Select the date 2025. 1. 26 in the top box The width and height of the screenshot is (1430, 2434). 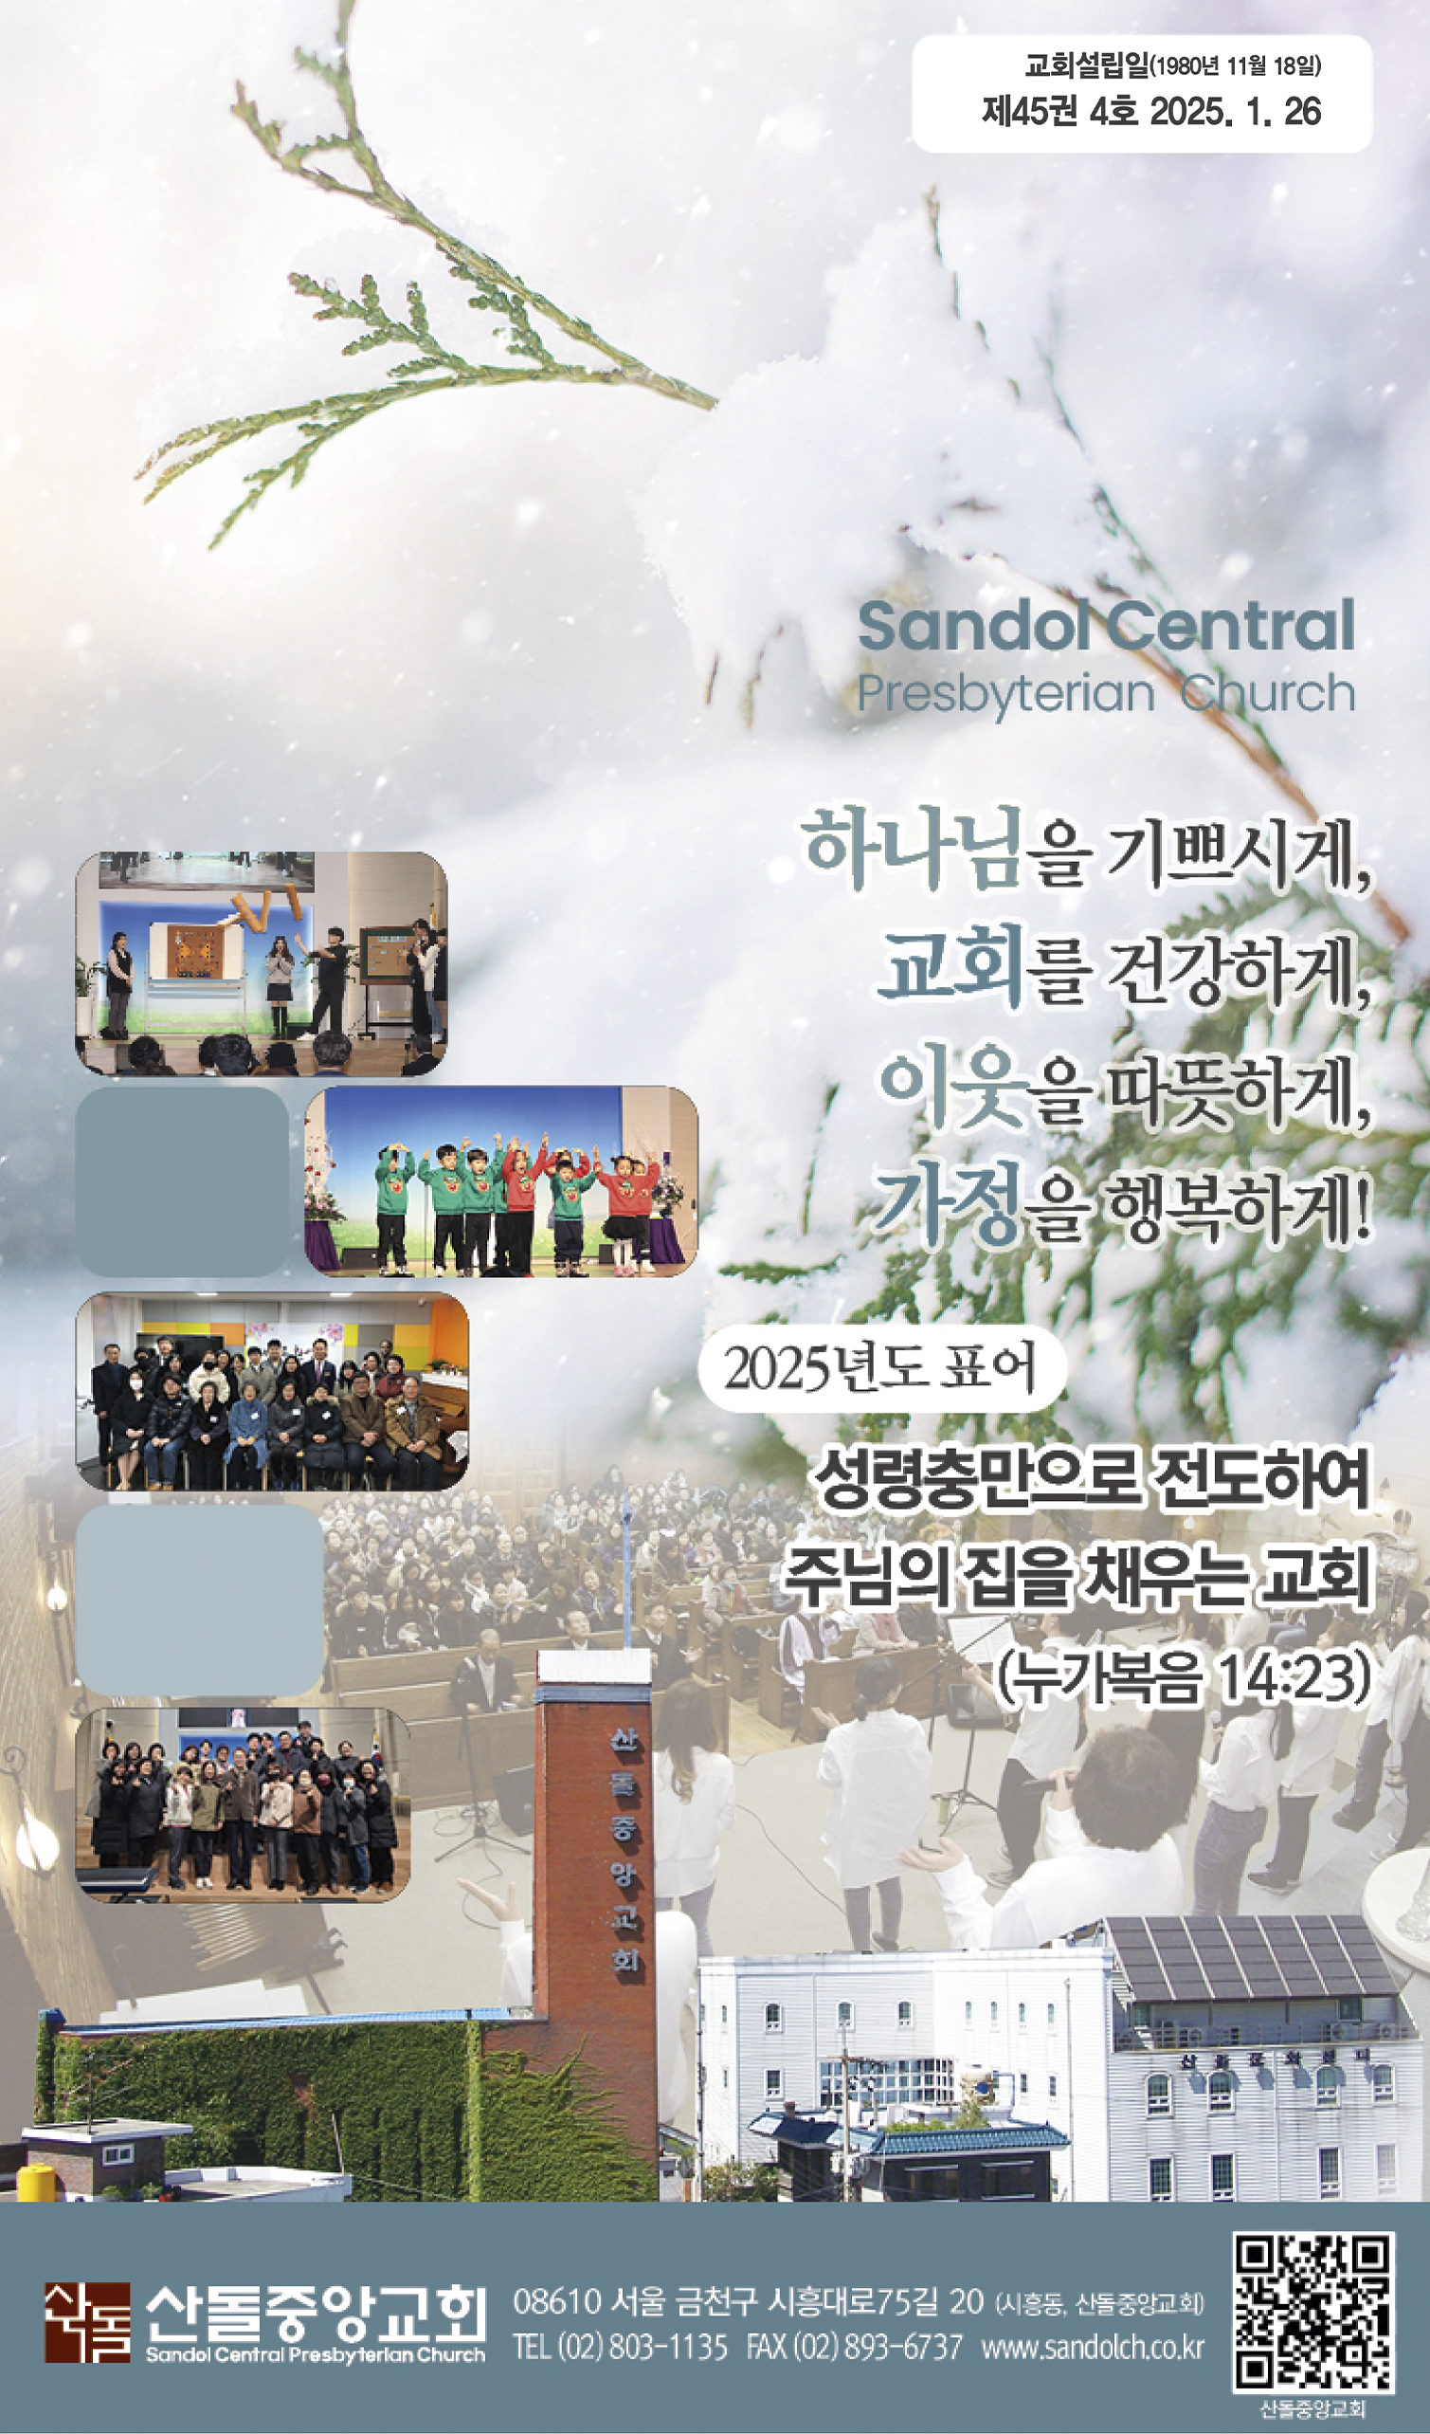[x=1235, y=112]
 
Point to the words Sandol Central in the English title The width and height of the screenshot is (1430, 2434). [x=1107, y=625]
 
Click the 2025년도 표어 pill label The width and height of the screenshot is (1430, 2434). [x=880, y=1368]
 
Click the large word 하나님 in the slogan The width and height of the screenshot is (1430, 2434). [x=911, y=851]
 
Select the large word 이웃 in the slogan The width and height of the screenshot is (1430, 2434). [x=951, y=1090]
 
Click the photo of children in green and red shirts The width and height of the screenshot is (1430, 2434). [x=501, y=1181]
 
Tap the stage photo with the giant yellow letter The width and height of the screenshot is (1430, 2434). [x=261, y=964]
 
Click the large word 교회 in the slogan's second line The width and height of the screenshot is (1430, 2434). [x=951, y=970]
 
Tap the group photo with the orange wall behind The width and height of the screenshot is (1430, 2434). [x=272, y=1392]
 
